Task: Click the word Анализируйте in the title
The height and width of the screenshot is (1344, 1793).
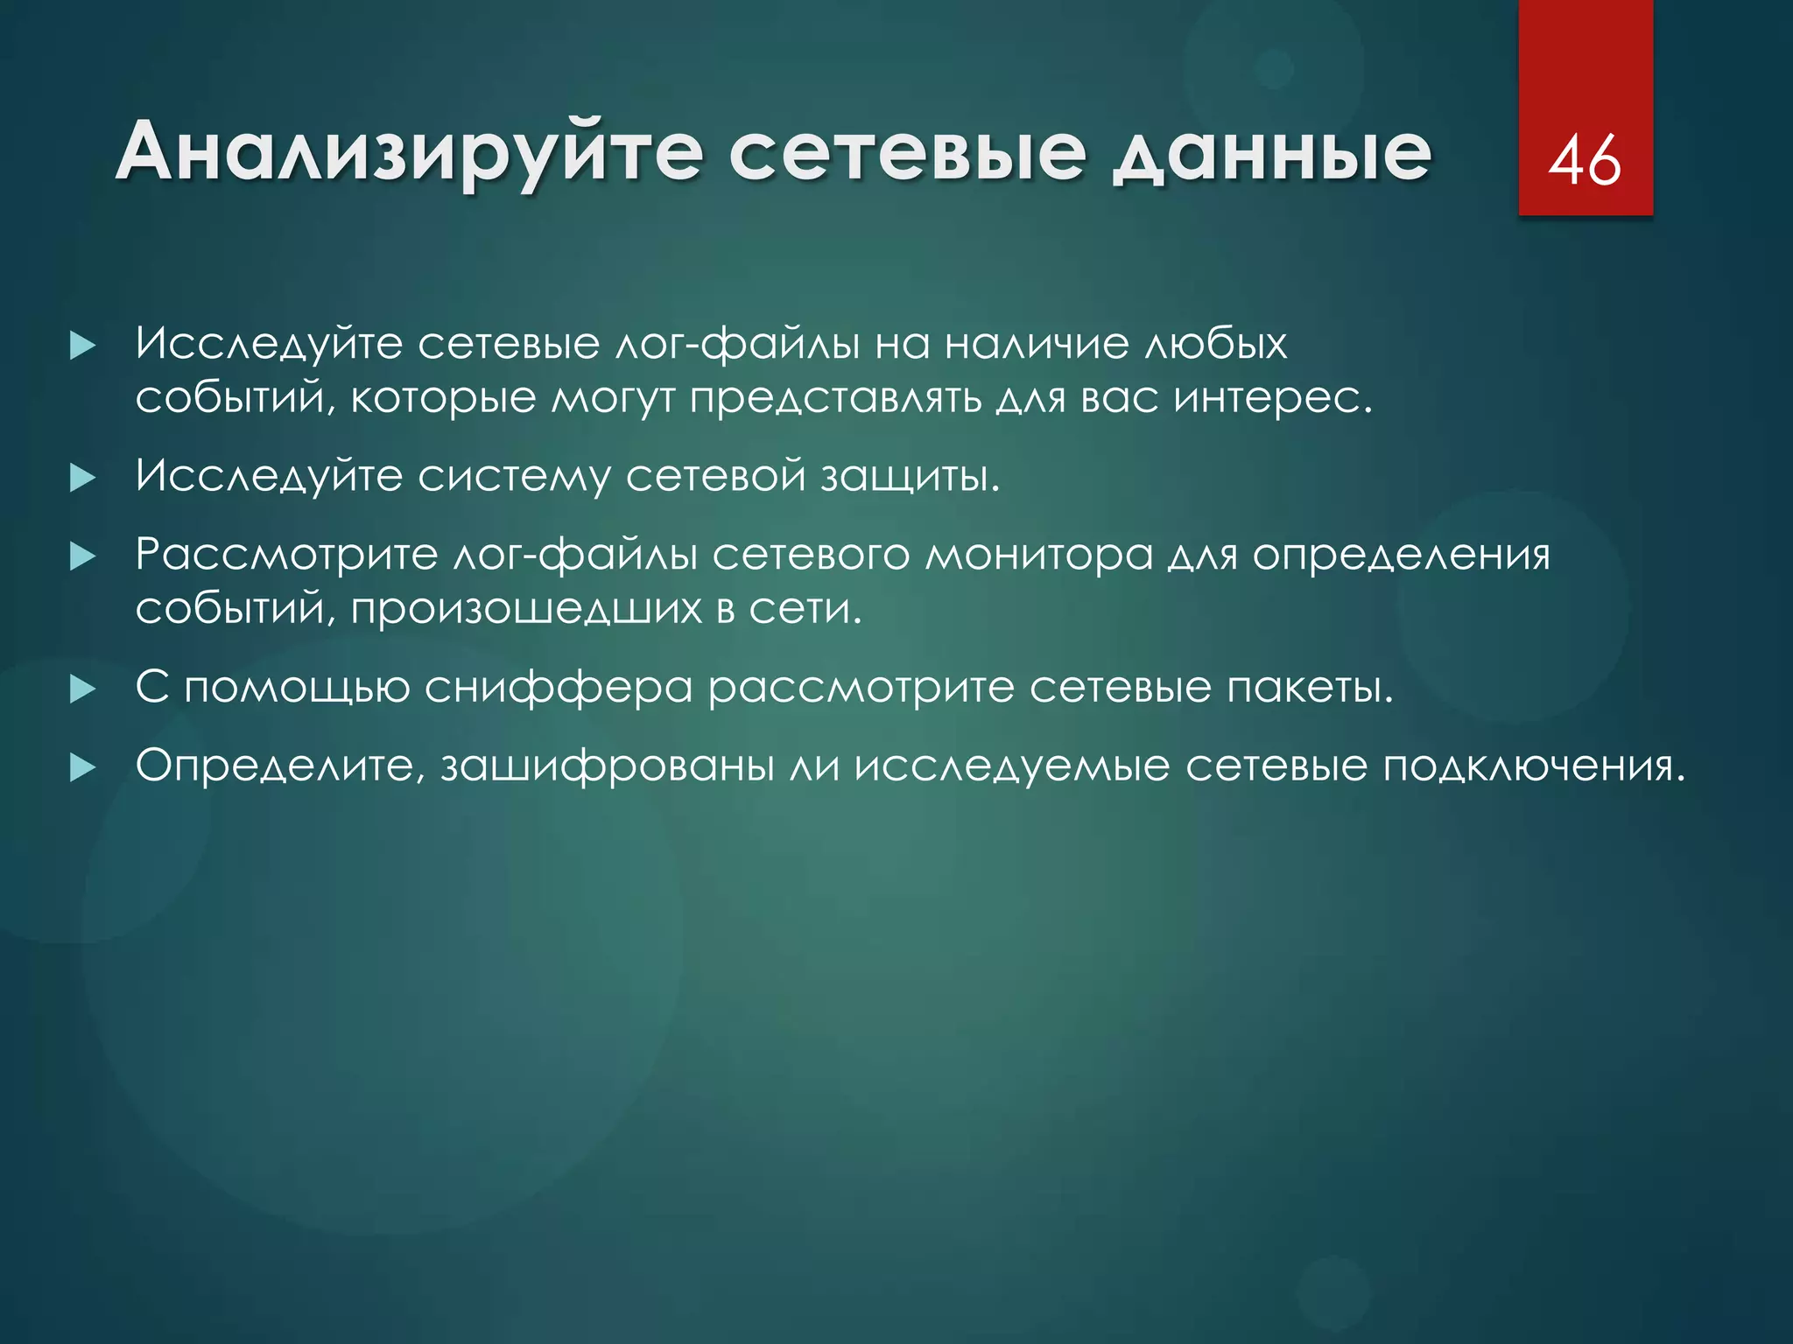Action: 408,153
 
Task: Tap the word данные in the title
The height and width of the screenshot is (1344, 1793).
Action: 1271,153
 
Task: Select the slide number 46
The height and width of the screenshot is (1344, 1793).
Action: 1585,161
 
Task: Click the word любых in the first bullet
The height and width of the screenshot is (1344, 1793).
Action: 1216,343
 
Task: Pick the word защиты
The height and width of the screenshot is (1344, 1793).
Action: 910,477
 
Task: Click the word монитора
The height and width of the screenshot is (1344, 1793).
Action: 1039,555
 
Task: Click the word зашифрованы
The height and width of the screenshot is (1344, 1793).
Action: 608,766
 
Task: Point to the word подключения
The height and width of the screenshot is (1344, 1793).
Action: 1534,766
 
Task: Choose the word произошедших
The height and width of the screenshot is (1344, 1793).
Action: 526,609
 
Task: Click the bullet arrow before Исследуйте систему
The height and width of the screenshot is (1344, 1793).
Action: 82,478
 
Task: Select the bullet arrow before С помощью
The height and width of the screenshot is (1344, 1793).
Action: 82,689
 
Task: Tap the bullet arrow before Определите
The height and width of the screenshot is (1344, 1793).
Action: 82,768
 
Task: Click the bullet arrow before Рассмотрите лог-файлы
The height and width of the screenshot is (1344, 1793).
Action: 82,556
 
